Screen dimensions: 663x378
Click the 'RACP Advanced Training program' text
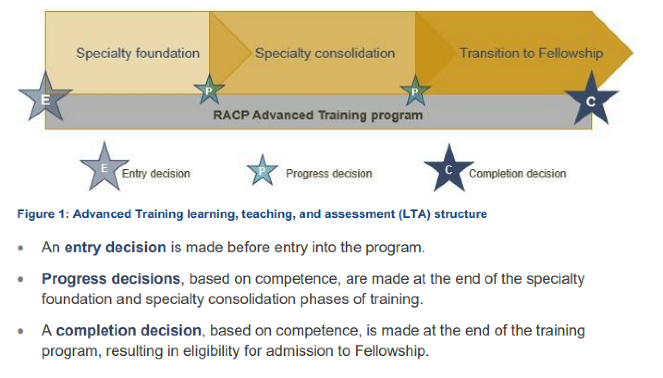tap(318, 115)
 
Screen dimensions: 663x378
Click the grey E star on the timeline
tap(45, 98)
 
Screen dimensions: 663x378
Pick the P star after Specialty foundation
tap(209, 90)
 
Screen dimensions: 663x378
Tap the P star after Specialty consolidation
tap(415, 91)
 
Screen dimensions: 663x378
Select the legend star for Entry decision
tap(104, 168)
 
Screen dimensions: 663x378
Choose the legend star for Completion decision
tap(449, 169)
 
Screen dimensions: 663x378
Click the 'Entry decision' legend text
tap(156, 174)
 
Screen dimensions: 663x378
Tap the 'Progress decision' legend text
tap(329, 174)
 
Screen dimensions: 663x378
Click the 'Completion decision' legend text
tap(517, 174)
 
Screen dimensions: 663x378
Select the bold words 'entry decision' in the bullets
tap(115, 247)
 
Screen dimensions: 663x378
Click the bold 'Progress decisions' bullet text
tap(111, 279)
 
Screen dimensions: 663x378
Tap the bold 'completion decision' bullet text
tap(129, 331)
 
